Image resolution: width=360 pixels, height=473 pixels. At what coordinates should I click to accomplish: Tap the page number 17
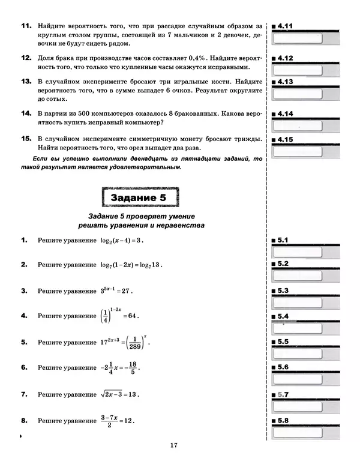click(x=174, y=445)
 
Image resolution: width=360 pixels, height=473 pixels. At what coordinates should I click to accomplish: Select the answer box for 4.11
click(x=298, y=38)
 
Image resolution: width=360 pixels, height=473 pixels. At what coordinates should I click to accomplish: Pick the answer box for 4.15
click(x=298, y=151)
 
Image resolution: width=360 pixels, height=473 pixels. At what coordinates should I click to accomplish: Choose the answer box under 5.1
click(x=298, y=252)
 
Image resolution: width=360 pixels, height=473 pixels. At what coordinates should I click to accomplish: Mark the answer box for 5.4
click(x=298, y=328)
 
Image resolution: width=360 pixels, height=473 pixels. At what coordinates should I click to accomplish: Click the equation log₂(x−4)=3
click(x=122, y=240)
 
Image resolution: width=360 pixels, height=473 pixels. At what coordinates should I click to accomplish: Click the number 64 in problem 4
click(x=132, y=316)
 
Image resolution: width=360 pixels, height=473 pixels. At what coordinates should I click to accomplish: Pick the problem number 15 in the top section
click(x=26, y=139)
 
